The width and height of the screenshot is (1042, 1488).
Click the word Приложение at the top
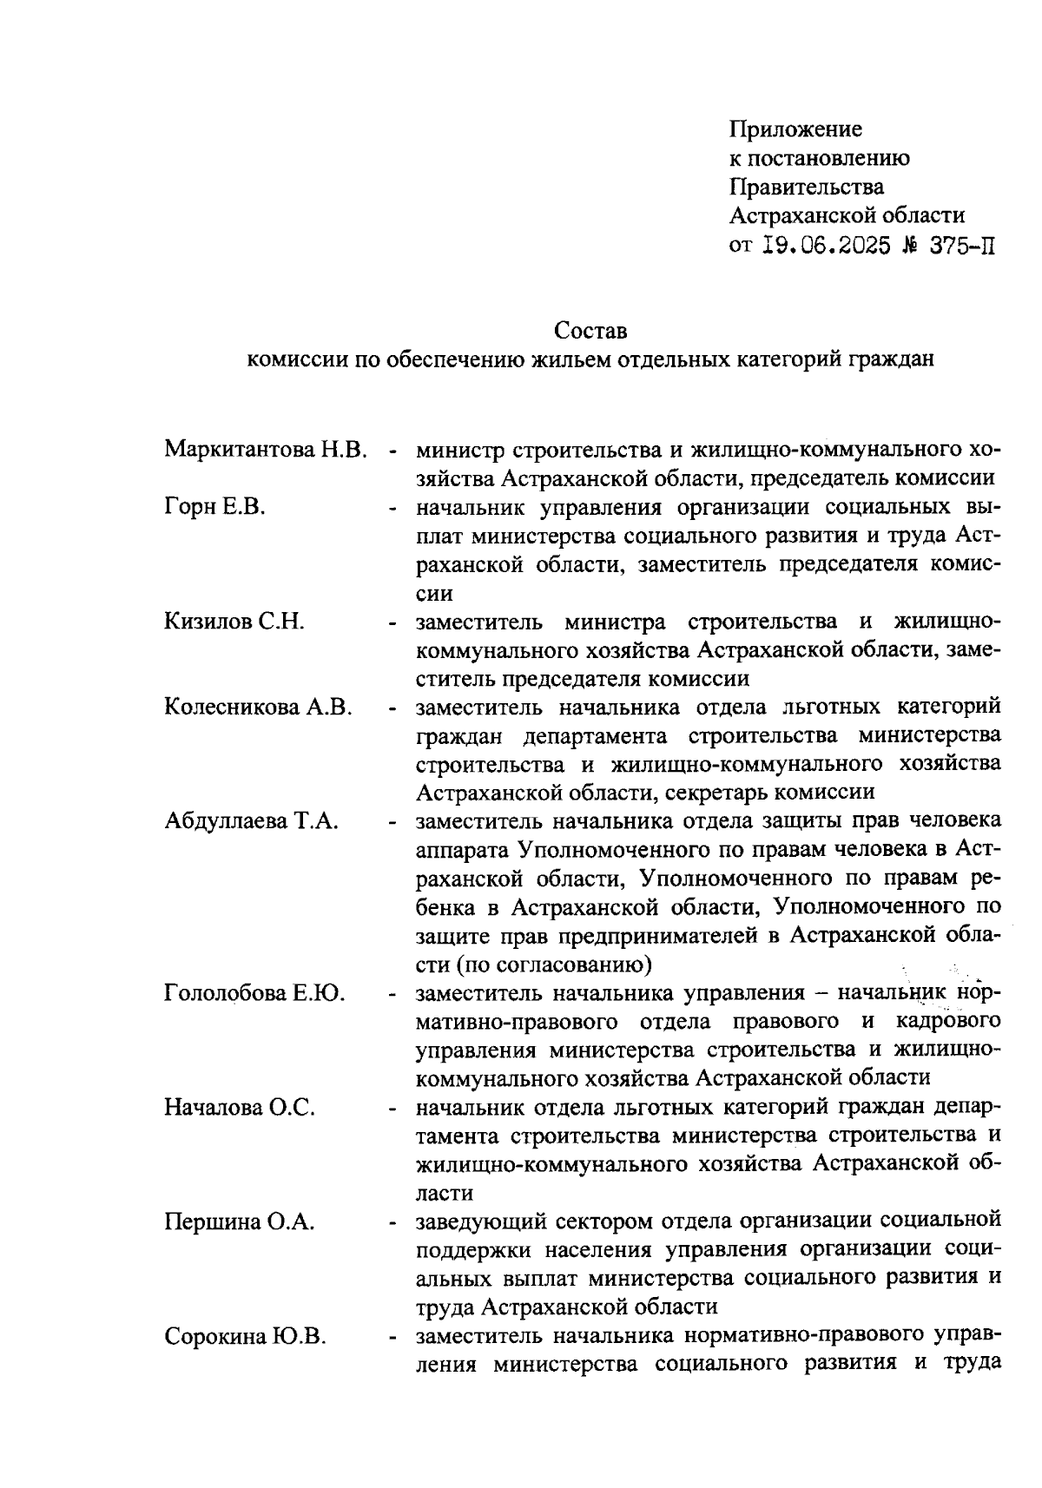click(795, 130)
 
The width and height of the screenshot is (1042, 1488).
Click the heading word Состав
click(590, 332)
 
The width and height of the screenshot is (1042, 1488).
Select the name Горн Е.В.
click(214, 508)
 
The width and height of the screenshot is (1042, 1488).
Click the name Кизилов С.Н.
click(234, 622)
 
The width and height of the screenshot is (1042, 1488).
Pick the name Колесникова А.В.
click(258, 708)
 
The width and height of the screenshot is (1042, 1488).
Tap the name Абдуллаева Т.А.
click(251, 821)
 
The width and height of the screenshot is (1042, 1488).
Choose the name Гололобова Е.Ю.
click(254, 993)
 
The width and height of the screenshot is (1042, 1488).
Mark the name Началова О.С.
click(239, 1108)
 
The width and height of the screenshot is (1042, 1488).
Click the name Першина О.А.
click(239, 1222)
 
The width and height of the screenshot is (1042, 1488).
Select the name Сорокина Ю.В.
click(246, 1337)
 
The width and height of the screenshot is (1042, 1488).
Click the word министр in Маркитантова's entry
click(461, 451)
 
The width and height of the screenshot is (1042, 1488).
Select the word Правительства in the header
click(807, 188)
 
